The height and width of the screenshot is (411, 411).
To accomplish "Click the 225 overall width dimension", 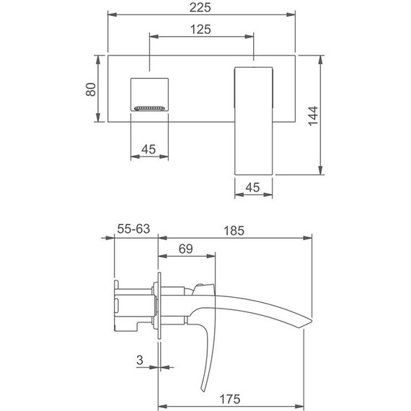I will point(201,7).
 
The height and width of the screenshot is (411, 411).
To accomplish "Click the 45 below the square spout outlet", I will point(149,149).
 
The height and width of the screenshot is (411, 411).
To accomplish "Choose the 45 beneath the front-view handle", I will point(253,187).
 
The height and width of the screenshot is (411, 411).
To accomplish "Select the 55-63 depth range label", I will point(133,230).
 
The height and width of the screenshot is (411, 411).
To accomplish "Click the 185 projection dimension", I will point(234,231).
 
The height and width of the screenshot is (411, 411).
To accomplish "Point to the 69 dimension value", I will point(185,249).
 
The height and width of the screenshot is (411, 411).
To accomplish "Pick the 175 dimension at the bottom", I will point(230,399).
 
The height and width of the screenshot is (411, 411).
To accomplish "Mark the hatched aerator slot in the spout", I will point(149,109).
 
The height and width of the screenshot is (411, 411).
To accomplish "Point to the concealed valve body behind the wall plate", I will point(133,306).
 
